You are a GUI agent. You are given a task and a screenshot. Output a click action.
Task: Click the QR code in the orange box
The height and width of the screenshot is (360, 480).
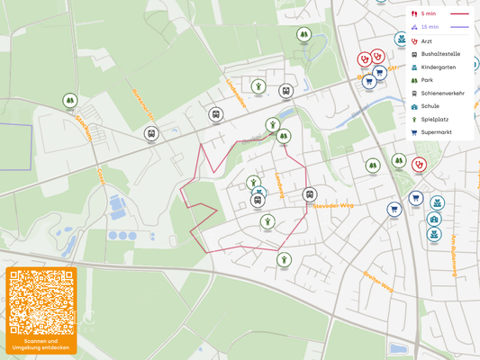tap(41, 301)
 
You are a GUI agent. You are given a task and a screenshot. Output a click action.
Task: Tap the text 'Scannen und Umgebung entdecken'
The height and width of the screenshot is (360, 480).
tap(41, 345)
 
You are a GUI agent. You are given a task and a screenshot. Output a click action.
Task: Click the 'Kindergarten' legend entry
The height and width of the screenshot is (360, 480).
tap(438, 67)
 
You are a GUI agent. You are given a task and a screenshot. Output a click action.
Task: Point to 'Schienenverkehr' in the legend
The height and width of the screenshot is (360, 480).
tap(442, 94)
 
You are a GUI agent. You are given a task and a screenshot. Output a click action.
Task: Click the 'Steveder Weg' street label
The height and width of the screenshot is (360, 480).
tap(333, 205)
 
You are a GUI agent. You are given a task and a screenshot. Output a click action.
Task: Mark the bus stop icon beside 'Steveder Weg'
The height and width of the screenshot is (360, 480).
tap(310, 194)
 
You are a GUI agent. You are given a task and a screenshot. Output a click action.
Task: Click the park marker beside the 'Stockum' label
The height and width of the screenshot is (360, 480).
tap(70, 102)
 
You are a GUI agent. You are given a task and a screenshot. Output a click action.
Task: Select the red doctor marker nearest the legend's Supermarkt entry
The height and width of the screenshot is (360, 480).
tap(419, 165)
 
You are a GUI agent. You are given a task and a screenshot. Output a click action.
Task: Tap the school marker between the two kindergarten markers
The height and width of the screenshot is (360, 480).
tap(434, 219)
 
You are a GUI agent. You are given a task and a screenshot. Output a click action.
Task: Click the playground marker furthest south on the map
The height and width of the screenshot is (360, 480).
tap(285, 260)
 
